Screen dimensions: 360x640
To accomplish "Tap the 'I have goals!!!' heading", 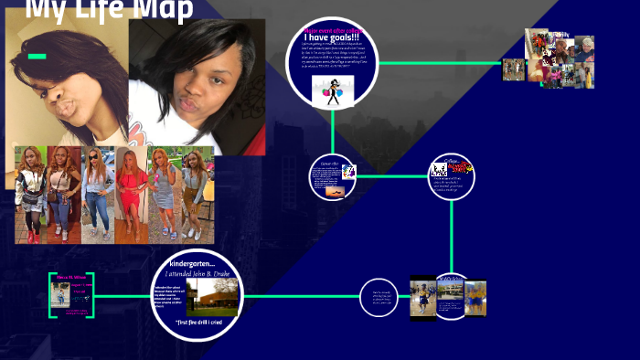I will (332, 37).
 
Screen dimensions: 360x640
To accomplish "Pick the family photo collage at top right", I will (560, 59).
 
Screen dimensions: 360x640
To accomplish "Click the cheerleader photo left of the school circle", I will (422, 297).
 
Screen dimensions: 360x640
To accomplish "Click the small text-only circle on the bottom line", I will (378, 297).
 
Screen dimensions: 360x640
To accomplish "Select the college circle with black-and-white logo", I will (452, 176).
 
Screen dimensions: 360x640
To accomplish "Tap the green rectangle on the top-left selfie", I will (37, 57).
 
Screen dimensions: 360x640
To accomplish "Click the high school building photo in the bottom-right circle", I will (450, 293).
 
